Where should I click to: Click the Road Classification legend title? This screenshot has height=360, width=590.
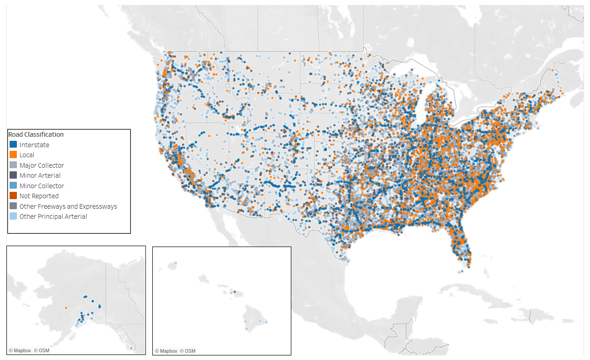coord(36,134)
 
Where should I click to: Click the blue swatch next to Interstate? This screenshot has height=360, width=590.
coord(14,145)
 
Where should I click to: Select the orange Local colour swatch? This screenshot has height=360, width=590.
coord(14,155)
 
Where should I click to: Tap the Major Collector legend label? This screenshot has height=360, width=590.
coord(41,165)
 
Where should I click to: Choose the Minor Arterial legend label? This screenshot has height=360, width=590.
coord(40,175)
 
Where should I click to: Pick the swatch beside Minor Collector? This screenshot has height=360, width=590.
coord(14,186)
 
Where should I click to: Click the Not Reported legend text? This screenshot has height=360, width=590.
coord(39,196)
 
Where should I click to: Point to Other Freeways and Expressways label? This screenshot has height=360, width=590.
coord(68,206)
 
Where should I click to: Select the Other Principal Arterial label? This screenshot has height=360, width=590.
coord(53,216)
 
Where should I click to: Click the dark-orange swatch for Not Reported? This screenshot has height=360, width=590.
coord(14,196)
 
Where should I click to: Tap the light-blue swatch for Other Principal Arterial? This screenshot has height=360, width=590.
coord(14,216)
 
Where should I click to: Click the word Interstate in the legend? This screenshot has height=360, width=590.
coord(34,145)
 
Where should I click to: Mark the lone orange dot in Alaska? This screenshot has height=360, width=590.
coord(66,308)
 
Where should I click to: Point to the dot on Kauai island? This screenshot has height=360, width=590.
coord(175,263)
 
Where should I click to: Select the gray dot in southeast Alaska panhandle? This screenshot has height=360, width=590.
coord(131,348)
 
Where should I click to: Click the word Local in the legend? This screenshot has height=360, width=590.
coord(26,155)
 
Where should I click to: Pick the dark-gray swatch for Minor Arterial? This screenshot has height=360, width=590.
coord(14,175)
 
